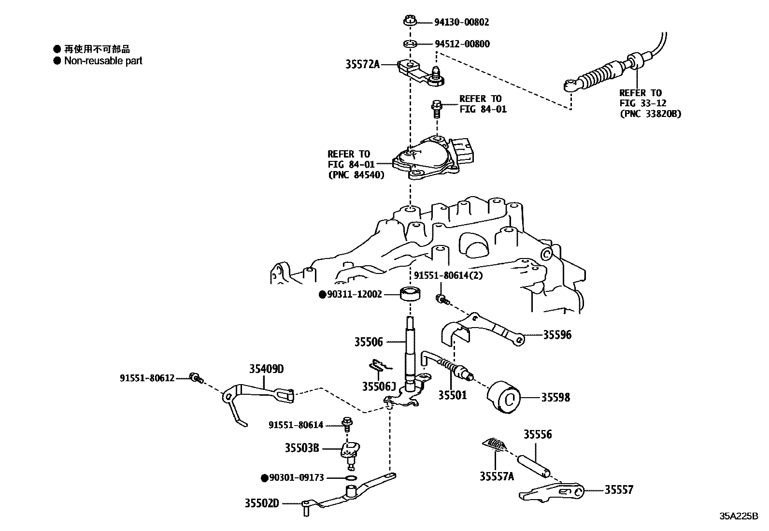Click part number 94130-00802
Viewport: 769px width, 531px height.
coord(462,22)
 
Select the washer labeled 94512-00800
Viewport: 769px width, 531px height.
coord(410,44)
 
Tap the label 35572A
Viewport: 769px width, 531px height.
coord(362,64)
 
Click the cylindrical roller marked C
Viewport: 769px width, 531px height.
coord(504,397)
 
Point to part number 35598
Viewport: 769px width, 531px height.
coord(555,397)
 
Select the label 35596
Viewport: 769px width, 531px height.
coord(557,334)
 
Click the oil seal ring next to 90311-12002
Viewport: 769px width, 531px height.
coord(410,293)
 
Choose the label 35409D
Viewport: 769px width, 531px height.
coord(266,369)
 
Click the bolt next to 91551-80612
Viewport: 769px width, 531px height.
coord(196,377)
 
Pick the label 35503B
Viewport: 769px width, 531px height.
coord(301,448)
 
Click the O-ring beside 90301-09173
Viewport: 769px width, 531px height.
coord(352,478)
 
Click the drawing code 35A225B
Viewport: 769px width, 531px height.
coord(739,516)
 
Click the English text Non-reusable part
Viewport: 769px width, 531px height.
coord(103,61)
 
